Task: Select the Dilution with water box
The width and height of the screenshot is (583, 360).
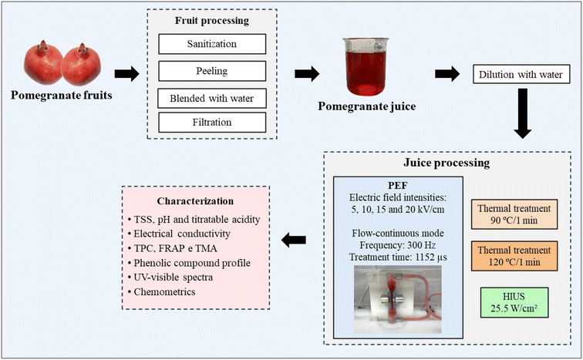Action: (x=521, y=75)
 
